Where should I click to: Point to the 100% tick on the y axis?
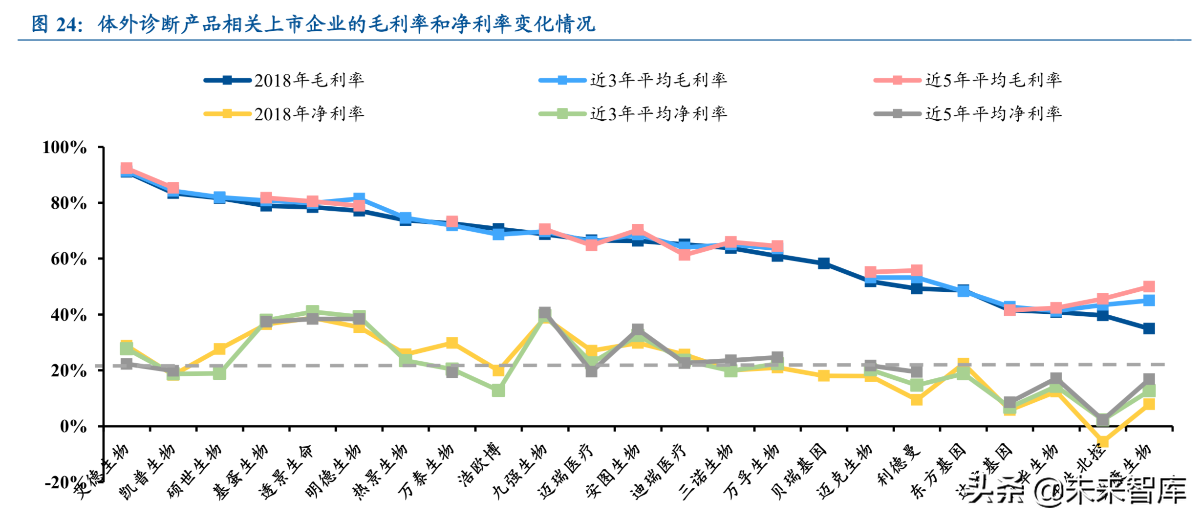point(64,147)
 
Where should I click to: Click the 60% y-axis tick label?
point(68,259)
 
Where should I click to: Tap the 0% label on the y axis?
point(73,426)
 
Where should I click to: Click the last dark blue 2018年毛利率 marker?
point(1149,328)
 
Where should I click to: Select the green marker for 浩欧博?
point(498,391)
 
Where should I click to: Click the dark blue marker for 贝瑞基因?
point(824,263)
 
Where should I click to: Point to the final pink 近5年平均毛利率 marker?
point(1149,287)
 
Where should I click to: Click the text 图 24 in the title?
point(57,24)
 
